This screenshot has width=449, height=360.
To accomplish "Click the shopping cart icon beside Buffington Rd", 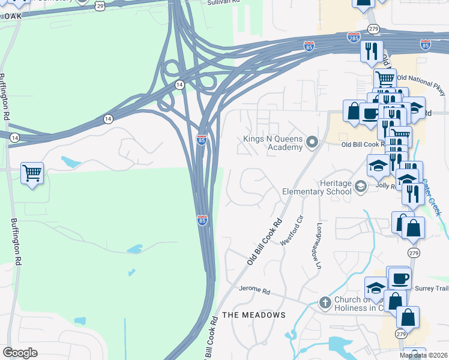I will (32, 173).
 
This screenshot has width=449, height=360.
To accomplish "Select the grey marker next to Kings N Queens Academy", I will (312, 142).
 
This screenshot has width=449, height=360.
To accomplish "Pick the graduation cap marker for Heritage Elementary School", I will (360, 186).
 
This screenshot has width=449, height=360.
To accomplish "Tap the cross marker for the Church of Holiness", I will (325, 302).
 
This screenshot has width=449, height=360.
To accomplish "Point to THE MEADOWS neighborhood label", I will (254, 315).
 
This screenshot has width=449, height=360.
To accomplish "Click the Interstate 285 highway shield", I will (354, 38).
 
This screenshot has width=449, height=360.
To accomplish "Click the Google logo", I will (20, 353).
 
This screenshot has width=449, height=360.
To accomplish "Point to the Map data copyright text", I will (424, 355).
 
